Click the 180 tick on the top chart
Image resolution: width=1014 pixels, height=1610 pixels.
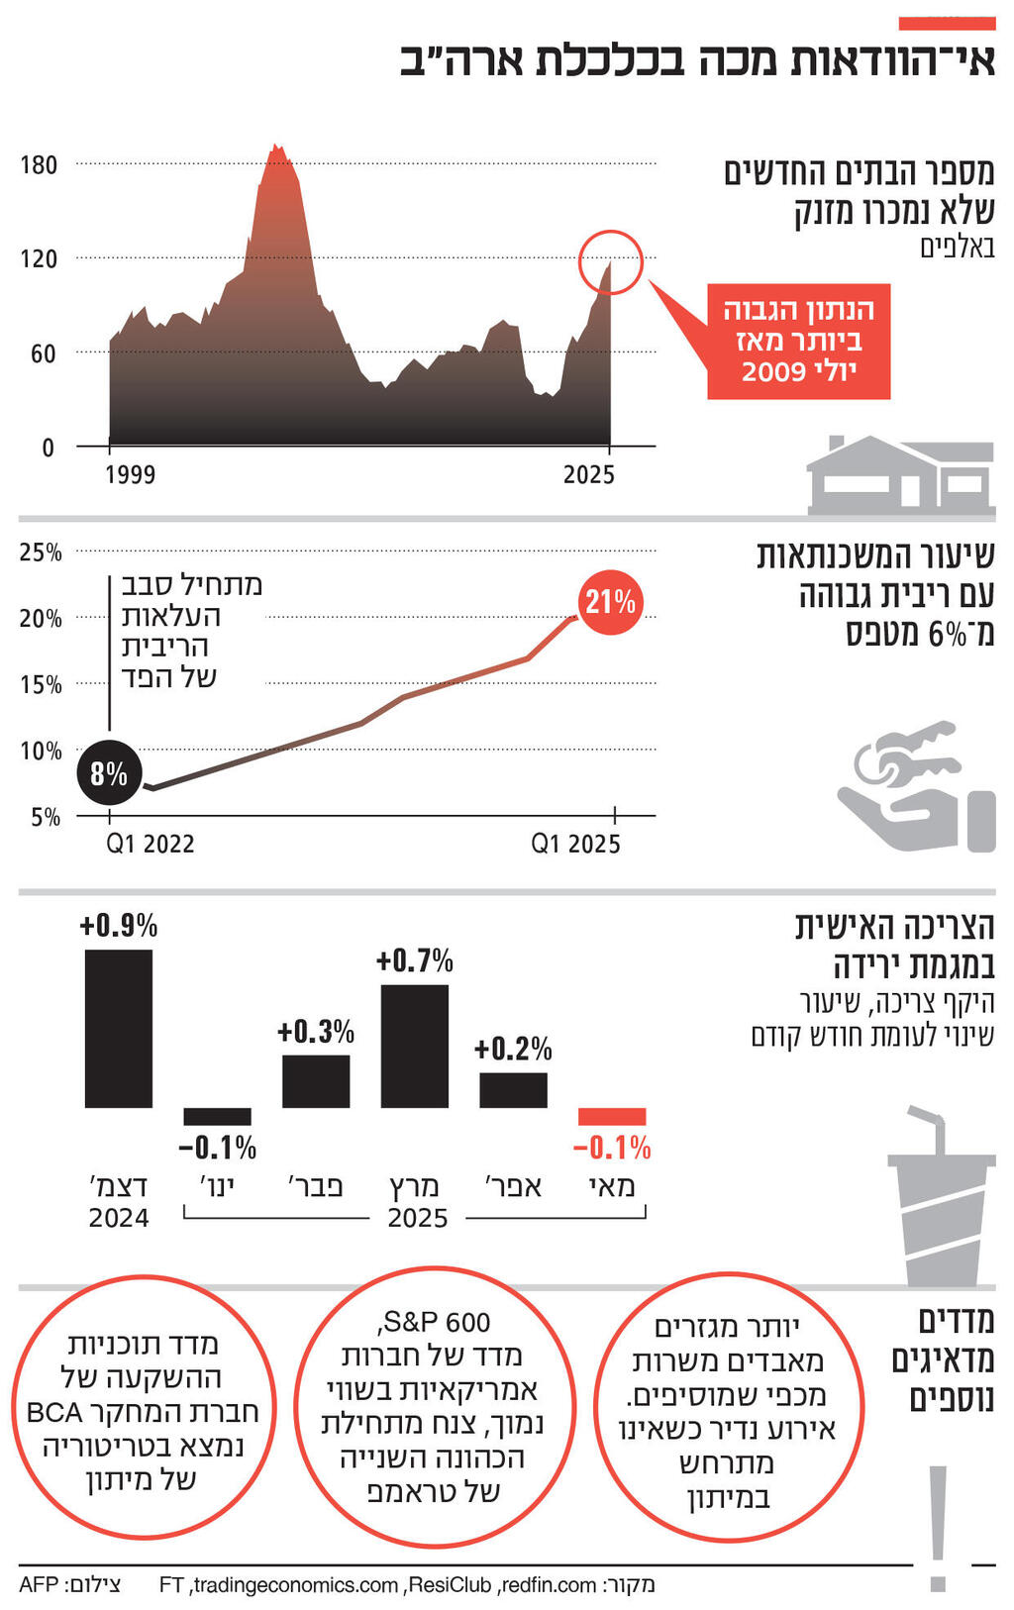pyautogui.click(x=40, y=164)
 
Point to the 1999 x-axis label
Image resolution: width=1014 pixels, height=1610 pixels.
pyautogui.click(x=130, y=474)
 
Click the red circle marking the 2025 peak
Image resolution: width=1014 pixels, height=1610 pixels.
pyautogui.click(x=611, y=261)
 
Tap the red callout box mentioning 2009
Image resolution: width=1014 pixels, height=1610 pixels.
pyautogui.click(x=798, y=342)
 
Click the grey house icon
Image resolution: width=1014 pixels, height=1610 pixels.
pyautogui.click(x=899, y=476)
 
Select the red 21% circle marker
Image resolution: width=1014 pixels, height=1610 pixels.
pyautogui.click(x=610, y=602)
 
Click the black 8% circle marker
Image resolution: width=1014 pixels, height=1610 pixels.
pyautogui.click(x=109, y=773)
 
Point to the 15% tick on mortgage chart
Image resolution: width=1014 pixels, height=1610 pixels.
pyautogui.click(x=41, y=684)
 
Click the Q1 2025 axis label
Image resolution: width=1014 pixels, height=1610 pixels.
pyautogui.click(x=575, y=844)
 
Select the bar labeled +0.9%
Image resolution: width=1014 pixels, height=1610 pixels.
pyautogui.click(x=119, y=1028)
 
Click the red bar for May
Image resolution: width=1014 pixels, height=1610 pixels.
pyautogui.click(x=612, y=1116)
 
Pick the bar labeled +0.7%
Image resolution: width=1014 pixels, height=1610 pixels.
pyautogui.click(x=414, y=1046)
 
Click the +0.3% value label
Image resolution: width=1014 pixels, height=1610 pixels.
pyautogui.click(x=316, y=1032)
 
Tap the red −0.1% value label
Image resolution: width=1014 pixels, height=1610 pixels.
pyautogui.click(x=612, y=1148)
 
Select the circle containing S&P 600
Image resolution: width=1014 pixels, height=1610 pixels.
pyautogui.click(x=434, y=1406)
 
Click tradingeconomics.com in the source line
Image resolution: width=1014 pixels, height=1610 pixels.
pyautogui.click(x=295, y=1585)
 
